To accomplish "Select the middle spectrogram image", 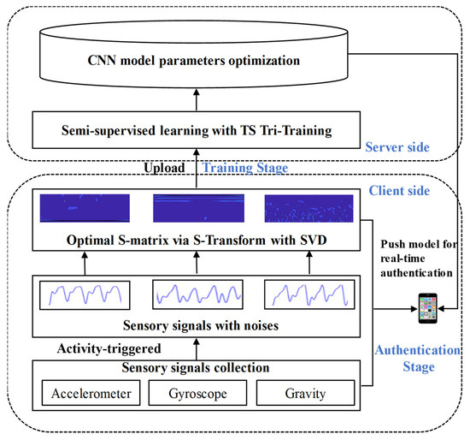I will coord(197,208).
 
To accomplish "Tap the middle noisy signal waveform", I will coord(196,294).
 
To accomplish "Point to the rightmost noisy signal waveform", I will coord(306,294).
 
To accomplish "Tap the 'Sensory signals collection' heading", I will coord(197,369).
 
